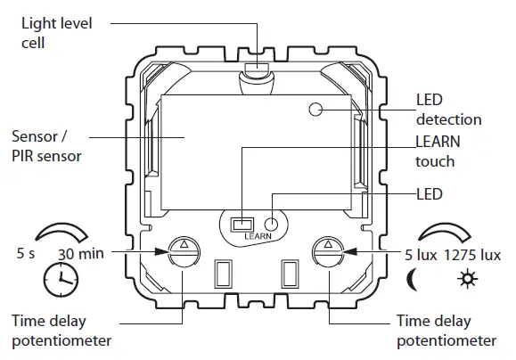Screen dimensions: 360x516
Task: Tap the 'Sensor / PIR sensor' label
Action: pyautogui.click(x=46, y=147)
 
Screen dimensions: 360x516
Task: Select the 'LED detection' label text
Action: pyautogui.click(x=448, y=110)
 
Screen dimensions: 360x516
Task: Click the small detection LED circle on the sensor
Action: pyautogui.click(x=315, y=110)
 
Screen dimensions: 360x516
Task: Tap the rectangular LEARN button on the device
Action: pyautogui.click(x=240, y=225)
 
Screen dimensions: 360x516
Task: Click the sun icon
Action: pyautogui.click(x=465, y=279)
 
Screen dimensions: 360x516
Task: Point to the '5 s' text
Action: pyautogui.click(x=25, y=253)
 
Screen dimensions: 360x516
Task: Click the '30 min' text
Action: pyautogui.click(x=81, y=253)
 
